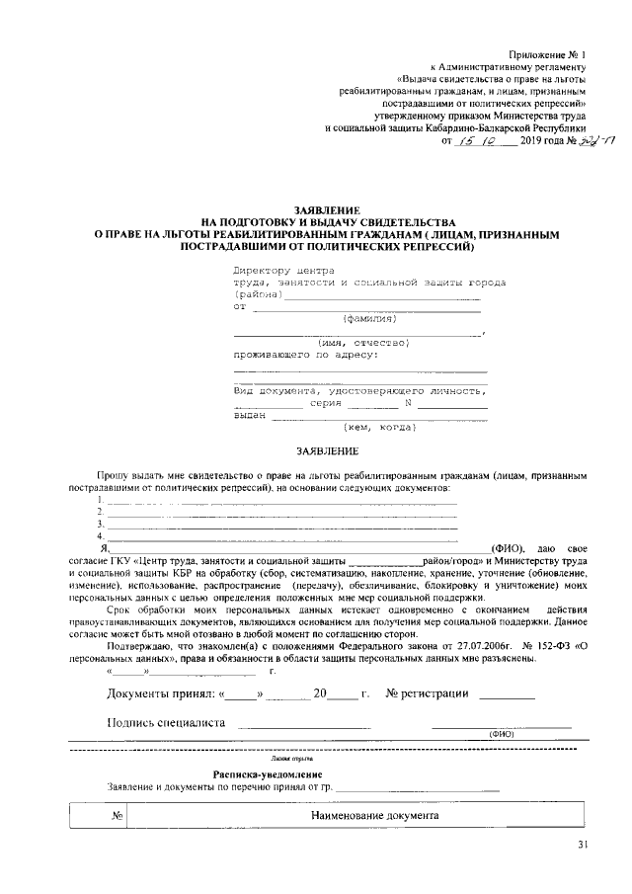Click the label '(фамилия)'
[x=368, y=319]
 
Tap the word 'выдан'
[x=249, y=415]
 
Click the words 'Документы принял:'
[x=158, y=693]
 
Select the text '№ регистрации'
[x=427, y=693]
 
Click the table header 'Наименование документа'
[x=374, y=818]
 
